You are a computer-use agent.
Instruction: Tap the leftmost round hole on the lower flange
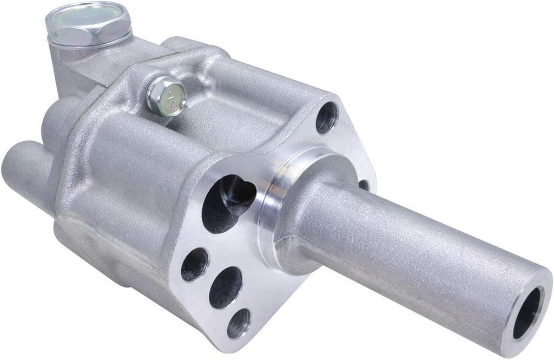point(194,264)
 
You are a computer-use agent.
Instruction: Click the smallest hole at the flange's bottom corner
point(239,323)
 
